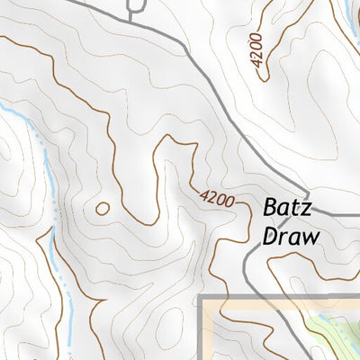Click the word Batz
click(x=286, y=208)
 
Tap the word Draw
click(x=292, y=236)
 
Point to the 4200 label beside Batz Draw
click(x=217, y=197)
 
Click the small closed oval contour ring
click(x=103, y=209)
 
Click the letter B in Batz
click(x=269, y=208)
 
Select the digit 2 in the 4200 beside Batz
click(x=211, y=193)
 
